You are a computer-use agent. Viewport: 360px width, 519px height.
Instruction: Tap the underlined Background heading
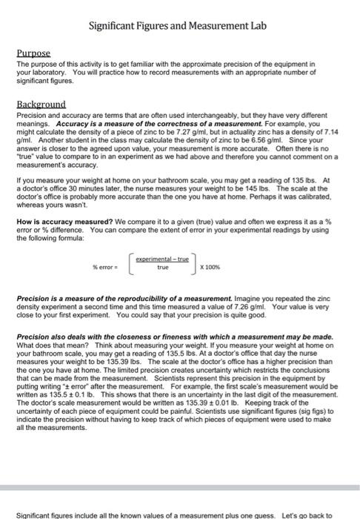pyautogui.click(x=41, y=104)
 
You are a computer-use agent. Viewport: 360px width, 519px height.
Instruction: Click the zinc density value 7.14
pyautogui.click(x=335, y=129)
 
